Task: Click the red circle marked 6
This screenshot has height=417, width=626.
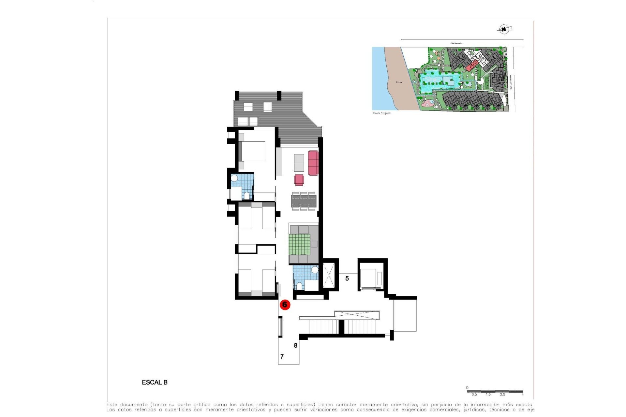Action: [285, 305]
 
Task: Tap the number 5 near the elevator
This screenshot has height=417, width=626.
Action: [347, 279]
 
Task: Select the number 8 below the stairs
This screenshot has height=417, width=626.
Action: [295, 346]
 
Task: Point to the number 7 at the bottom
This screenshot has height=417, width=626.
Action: [282, 357]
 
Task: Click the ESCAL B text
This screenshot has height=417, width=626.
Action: [155, 382]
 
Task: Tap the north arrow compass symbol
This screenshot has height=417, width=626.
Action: [504, 29]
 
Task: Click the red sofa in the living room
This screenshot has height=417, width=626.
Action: [313, 163]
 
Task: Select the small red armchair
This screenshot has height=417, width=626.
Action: [299, 180]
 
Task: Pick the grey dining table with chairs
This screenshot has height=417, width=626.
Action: [304, 201]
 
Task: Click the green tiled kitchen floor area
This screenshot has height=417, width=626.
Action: [299, 244]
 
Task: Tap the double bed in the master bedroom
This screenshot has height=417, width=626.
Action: [252, 151]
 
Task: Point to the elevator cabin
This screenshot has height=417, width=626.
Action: [371, 279]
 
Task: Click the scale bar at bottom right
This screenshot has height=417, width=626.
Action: [495, 391]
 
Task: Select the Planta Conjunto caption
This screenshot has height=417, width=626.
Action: [382, 113]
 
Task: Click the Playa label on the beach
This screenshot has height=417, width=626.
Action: [399, 82]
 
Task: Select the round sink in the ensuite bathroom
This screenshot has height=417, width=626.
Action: [234, 178]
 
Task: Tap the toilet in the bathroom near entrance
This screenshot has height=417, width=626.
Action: [299, 286]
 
